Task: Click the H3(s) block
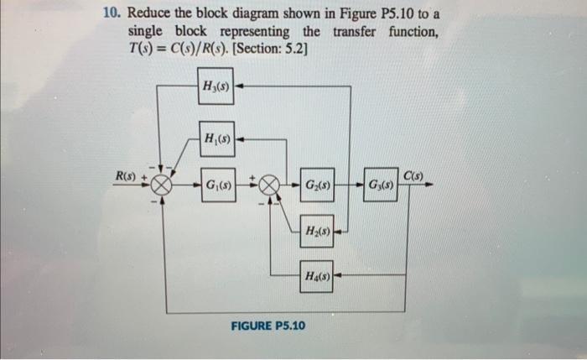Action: point(216,86)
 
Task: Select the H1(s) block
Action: point(216,137)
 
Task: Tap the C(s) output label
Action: point(413,175)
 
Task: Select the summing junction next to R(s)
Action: point(162,185)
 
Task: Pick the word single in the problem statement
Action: point(146,31)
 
